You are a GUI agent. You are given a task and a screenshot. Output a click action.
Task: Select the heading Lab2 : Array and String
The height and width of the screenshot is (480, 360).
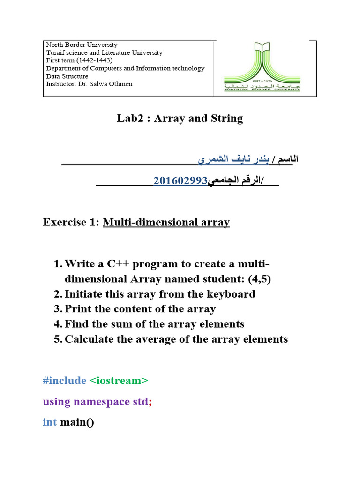[180, 118]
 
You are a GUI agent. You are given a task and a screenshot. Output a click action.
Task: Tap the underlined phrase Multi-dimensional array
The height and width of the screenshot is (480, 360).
[166, 222]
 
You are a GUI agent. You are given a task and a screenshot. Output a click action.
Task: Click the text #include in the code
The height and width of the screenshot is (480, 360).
[64, 381]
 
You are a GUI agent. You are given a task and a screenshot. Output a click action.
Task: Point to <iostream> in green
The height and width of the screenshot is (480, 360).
[119, 381]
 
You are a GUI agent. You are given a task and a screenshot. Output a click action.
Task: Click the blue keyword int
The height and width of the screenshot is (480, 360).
[50, 422]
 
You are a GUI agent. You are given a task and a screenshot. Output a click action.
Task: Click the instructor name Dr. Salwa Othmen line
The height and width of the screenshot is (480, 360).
[89, 84]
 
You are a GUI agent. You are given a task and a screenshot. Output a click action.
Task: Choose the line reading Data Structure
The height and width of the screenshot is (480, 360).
[67, 76]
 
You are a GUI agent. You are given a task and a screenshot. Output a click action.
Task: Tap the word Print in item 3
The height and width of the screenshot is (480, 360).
[77, 309]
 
